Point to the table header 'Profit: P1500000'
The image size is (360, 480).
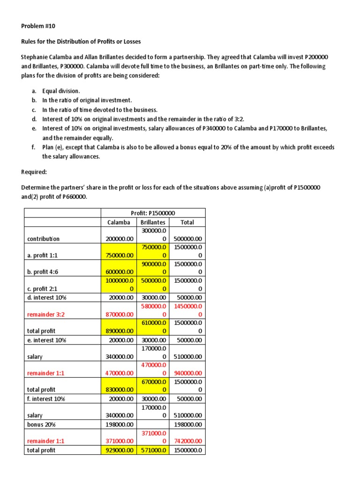pyautogui.click(x=153, y=213)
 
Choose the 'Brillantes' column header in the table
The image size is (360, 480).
pyautogui.click(x=152, y=222)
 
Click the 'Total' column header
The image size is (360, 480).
pyautogui.click(x=187, y=222)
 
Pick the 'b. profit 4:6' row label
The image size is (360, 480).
pyautogui.click(x=45, y=271)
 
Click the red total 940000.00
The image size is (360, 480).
pyautogui.click(x=187, y=373)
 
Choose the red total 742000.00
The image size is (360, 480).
pyautogui.click(x=187, y=441)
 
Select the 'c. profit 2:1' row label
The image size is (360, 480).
pyautogui.click(x=45, y=288)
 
